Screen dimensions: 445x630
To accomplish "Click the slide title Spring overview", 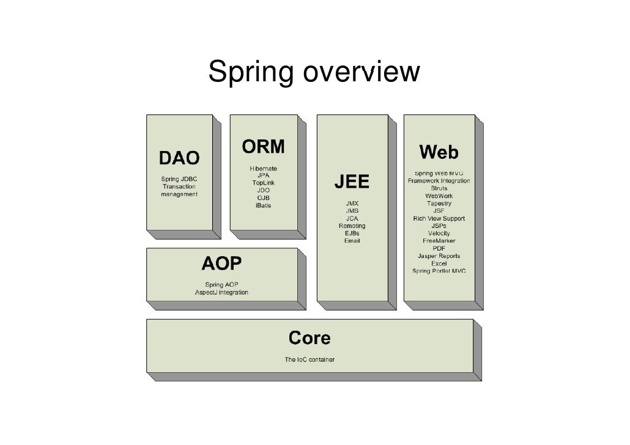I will coord(314,72).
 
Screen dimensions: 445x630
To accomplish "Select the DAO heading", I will coord(179,158).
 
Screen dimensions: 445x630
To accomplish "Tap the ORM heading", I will coord(263,147).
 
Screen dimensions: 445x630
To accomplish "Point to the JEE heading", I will coord(352,182).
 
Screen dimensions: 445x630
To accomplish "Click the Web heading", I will coord(439,152).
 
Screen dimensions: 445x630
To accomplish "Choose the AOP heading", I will coord(221,264).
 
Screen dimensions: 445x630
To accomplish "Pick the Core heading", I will coord(309,338).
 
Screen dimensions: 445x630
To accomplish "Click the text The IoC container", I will coord(309,359).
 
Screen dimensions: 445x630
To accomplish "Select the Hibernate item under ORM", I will coord(263,168).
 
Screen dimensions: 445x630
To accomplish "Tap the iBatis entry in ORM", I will coord(263,205).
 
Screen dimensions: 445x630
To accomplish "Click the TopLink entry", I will coord(263,183).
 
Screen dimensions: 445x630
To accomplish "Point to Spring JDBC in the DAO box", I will coord(179,179).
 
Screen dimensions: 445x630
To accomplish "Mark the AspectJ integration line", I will coord(221,293).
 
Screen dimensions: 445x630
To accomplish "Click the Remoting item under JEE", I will coord(352,226).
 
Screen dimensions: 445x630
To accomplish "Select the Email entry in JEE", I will coord(352,241).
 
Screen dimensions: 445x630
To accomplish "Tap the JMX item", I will coord(352,204).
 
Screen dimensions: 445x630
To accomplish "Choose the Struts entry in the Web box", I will coord(439,188).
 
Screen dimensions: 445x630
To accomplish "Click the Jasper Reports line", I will coord(439,256).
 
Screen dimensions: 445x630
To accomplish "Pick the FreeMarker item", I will coord(439,241).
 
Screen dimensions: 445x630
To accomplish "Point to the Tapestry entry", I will coord(439,204).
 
